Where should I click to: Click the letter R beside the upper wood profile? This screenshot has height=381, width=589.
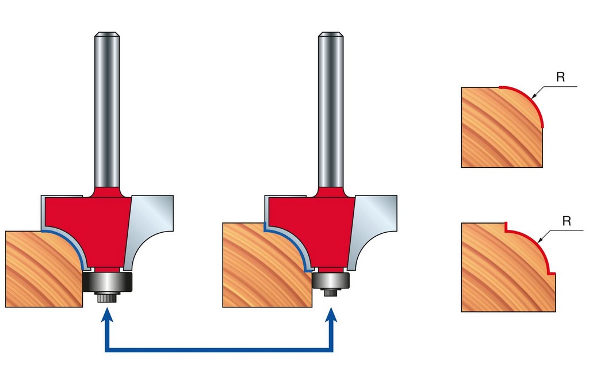point(560,77)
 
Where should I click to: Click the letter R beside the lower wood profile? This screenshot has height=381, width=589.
point(567,221)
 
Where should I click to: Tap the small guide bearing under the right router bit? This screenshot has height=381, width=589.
point(331,280)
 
